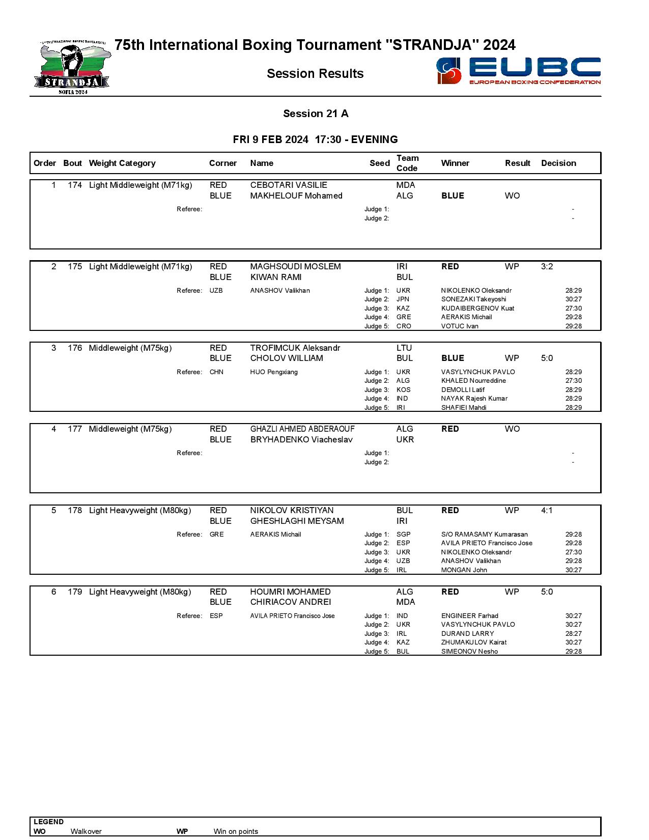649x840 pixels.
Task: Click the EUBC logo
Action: pos(518,71)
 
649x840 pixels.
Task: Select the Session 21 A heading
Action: pos(316,114)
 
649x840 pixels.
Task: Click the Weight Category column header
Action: pos(122,163)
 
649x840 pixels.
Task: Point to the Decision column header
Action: pos(558,163)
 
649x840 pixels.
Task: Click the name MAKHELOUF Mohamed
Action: pos(296,196)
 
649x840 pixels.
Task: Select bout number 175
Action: pos(75,267)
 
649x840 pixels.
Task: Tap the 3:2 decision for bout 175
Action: pos(547,267)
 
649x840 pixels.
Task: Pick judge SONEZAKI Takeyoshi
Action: pos(473,299)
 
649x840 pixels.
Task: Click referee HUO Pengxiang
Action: pos(274,372)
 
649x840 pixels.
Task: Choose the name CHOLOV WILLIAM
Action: pos(287,358)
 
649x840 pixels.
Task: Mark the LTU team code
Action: pos(404,348)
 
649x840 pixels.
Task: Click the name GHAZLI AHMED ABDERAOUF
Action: pos(302,429)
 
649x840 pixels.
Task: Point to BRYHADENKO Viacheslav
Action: pos(301,440)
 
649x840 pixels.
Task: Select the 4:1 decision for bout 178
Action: pos(547,511)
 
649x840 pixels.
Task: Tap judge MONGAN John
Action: pos(464,570)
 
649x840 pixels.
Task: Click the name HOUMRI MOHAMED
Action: pos(290,592)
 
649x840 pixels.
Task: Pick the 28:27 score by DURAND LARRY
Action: pos(573,634)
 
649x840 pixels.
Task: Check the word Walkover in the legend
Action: pos(86,831)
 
